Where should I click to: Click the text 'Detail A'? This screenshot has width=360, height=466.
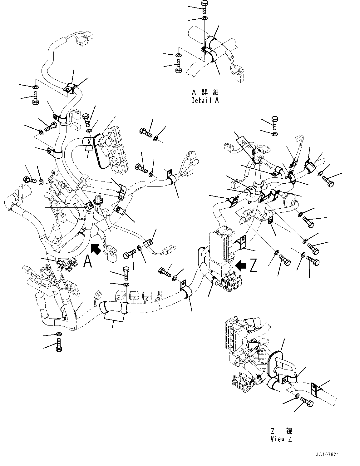click(x=205, y=101)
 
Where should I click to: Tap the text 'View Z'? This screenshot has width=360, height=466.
click(x=281, y=439)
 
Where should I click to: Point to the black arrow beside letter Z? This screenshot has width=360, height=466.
click(x=241, y=265)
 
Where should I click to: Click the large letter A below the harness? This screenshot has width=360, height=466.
click(x=88, y=261)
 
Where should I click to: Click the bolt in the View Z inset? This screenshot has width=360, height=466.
click(x=307, y=403)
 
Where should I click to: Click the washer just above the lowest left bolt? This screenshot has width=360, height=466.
click(x=59, y=335)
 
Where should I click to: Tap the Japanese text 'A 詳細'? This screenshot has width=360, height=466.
click(x=205, y=92)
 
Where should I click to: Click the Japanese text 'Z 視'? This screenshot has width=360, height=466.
click(x=281, y=431)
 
